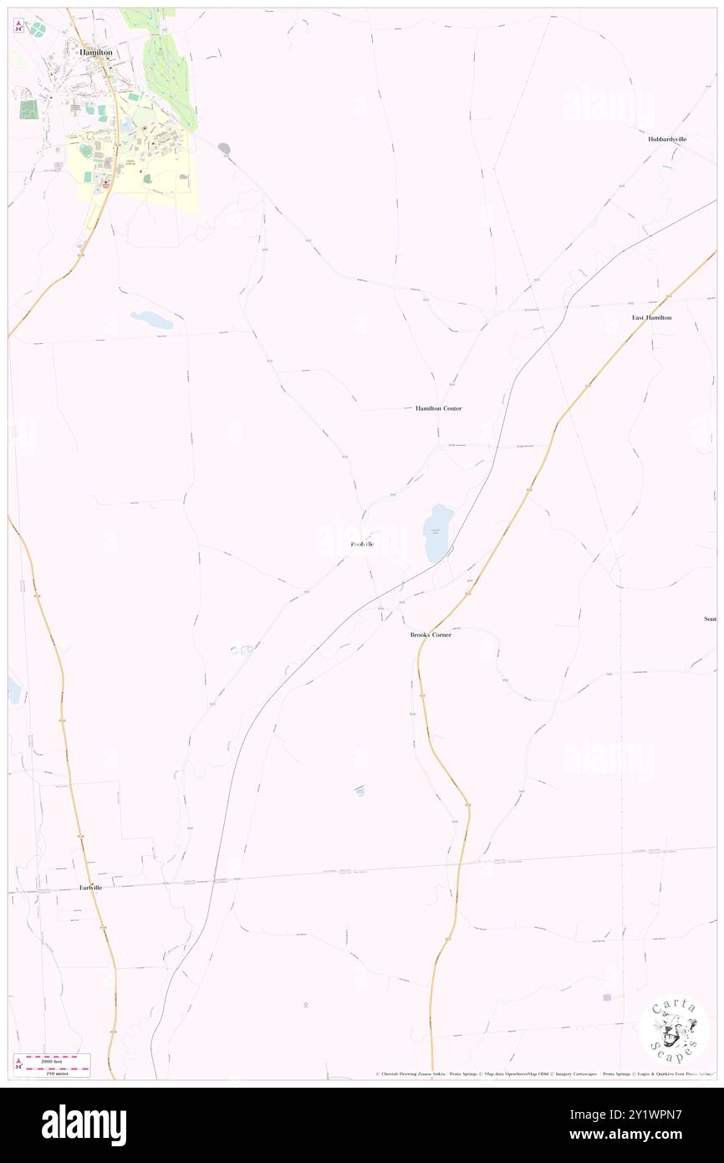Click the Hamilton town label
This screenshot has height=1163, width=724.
[x=95, y=52]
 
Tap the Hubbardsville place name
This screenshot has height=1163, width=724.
[x=666, y=139]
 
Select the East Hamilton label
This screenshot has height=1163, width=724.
[x=651, y=318]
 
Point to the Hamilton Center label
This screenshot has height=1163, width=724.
[x=438, y=408]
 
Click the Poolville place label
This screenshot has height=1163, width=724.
[x=362, y=545]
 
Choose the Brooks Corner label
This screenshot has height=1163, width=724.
[x=431, y=635]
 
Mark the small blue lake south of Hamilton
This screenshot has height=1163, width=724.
[x=151, y=320]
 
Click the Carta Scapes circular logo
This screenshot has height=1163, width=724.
[x=674, y=1028]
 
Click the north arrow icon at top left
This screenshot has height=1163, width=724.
[x=19, y=26]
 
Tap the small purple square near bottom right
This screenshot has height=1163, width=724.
[x=607, y=996]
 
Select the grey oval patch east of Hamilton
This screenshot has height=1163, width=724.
[x=224, y=148]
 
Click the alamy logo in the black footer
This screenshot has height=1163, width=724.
[x=84, y=1125]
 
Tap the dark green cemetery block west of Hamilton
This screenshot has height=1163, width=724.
[x=28, y=109]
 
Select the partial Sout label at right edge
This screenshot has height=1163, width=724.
[x=710, y=619]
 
